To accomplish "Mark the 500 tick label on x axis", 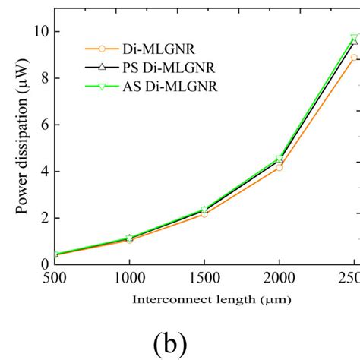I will [55, 279].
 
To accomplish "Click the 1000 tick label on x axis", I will [129, 279].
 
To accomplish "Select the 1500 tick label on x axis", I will [204, 279].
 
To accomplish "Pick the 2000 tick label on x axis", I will [279, 279].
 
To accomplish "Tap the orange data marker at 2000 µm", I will [279, 167].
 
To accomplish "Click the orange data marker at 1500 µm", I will [204, 214].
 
